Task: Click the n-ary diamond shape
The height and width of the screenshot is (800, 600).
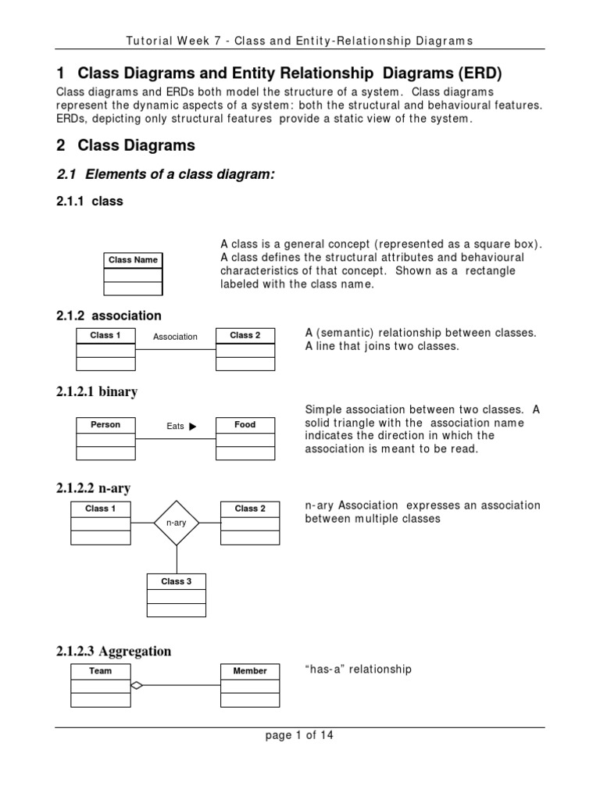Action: [177, 523]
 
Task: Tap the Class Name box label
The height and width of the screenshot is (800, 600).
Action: [133, 260]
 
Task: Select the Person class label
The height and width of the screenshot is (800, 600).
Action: [105, 425]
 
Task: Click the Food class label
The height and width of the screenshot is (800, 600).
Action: [245, 425]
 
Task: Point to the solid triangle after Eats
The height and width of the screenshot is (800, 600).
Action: [193, 427]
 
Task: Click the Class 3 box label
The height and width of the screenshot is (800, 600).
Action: [177, 581]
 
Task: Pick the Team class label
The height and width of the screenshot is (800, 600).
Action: [101, 671]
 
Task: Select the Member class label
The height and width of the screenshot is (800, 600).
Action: [250, 671]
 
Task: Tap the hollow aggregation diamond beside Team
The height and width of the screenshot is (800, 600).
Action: [137, 686]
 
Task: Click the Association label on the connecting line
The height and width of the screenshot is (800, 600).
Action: [175, 337]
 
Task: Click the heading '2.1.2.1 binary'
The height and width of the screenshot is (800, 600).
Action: [97, 391]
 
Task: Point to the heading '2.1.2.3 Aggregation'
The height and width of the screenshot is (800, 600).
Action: [114, 652]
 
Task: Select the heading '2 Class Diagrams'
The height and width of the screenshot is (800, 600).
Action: [126, 145]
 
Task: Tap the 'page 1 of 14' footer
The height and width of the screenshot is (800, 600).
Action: [300, 735]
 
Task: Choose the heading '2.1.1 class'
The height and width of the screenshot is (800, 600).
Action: [90, 202]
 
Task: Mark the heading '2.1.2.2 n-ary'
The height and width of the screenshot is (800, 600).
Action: [94, 488]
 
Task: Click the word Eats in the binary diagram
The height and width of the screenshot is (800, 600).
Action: [175, 427]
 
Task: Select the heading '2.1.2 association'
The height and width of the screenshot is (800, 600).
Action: [109, 316]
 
